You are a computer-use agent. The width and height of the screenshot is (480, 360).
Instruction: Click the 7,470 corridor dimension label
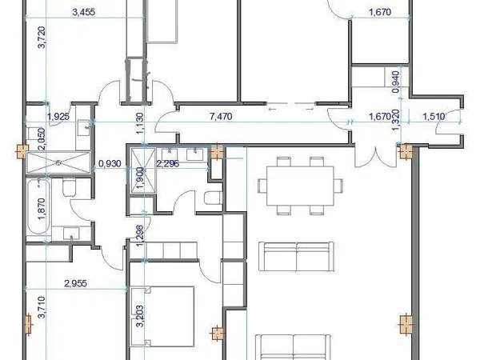point(221,117)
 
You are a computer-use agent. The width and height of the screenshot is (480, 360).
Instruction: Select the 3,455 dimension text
point(83,12)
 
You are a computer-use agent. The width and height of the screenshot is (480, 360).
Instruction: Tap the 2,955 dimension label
point(75,283)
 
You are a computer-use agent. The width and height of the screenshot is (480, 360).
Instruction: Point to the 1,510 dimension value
point(434,116)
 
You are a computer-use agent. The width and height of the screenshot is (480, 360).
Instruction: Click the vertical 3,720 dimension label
point(42,37)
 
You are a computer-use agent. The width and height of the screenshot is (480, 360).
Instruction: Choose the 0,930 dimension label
point(110,164)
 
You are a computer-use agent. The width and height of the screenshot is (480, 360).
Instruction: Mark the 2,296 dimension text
point(167,164)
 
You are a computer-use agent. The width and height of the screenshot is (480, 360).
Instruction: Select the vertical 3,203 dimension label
point(139,316)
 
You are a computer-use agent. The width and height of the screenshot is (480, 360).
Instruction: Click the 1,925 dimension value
point(58,116)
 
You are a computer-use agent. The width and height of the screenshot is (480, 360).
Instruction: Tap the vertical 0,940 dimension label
point(395,82)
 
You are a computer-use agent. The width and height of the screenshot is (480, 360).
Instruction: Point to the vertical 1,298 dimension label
point(139,236)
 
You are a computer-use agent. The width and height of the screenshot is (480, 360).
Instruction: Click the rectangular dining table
point(300,186)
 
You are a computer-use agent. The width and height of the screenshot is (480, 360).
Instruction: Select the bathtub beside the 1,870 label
point(38,207)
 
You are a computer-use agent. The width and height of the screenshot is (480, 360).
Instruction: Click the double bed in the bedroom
point(162,317)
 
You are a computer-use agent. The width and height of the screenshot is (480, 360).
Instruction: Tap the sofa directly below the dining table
point(296,257)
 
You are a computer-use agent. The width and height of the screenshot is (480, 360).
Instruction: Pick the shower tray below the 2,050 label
point(58,162)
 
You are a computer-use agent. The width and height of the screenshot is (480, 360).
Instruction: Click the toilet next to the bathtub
point(69,188)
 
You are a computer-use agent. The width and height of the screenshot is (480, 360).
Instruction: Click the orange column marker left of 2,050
point(22,151)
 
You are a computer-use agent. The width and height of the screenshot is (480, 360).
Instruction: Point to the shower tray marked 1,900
point(143,170)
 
